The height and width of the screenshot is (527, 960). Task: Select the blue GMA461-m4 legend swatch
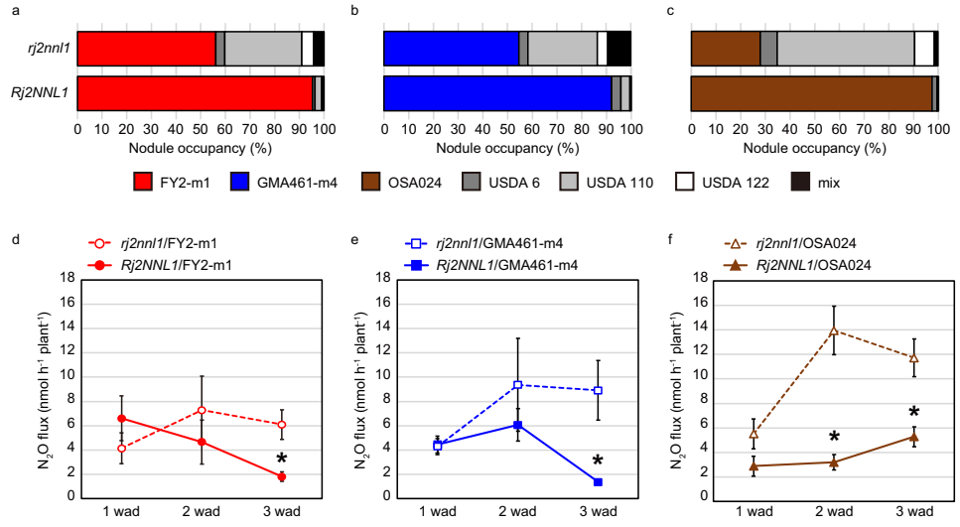pos(247,182)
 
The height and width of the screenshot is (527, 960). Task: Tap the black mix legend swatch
pos(802,182)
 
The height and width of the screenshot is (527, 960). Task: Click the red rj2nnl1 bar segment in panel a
pos(146,48)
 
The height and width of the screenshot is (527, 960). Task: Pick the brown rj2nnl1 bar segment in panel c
pos(725,48)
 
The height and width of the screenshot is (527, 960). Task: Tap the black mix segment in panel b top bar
pos(618,48)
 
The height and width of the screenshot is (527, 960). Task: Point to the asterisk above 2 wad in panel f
pos(835,438)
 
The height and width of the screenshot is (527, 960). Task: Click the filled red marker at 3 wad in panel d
pos(282,476)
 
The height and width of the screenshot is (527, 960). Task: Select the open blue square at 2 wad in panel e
pos(517,385)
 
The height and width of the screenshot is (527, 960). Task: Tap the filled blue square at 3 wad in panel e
pos(599,481)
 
